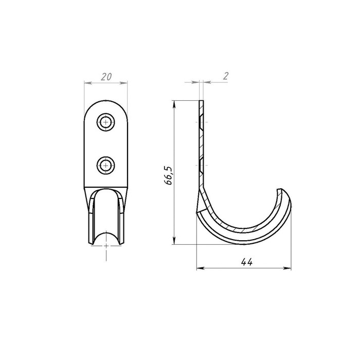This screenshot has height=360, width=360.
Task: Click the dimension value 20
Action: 106,77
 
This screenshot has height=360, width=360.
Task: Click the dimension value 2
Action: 226,76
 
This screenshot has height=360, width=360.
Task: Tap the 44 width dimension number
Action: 246,262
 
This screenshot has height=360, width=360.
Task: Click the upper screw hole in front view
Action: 105,122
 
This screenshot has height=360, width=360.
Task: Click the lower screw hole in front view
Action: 105,165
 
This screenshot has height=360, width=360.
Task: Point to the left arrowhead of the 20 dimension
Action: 88,83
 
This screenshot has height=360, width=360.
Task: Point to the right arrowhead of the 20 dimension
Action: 123,83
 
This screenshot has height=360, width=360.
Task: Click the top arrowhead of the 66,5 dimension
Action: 174,104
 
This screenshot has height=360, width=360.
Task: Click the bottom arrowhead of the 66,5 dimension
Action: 174,241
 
